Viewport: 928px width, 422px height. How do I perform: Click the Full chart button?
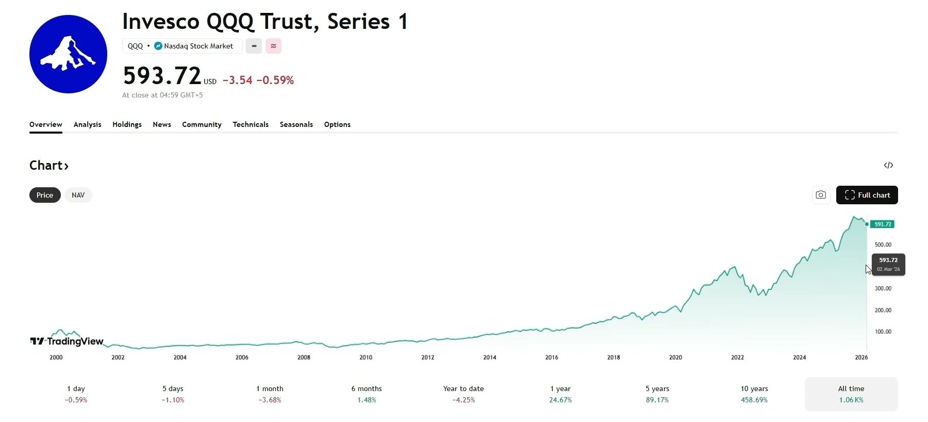tap(867, 195)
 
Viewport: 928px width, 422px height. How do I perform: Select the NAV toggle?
tap(78, 195)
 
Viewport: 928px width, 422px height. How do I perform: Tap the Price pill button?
tap(45, 195)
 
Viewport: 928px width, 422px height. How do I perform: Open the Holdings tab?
tap(127, 124)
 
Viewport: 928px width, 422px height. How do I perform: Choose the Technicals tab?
tap(251, 124)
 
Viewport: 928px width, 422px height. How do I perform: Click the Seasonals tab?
tap(296, 124)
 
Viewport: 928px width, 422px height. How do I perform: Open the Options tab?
tap(337, 124)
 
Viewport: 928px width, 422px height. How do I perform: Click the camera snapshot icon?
tap(821, 195)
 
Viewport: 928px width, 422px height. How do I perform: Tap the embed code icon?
tap(888, 165)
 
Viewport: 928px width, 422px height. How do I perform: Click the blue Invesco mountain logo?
tap(68, 54)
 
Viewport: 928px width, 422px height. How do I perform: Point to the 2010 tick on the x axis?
tap(366, 357)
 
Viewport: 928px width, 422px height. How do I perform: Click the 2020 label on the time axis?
tap(675, 357)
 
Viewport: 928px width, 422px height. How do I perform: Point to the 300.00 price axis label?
tap(883, 288)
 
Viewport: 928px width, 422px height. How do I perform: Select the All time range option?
tap(851, 394)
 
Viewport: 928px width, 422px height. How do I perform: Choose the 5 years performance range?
tap(657, 394)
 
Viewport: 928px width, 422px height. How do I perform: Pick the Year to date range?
tap(463, 394)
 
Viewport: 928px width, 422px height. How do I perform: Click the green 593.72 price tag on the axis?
tap(883, 224)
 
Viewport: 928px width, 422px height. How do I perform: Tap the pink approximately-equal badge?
tap(273, 46)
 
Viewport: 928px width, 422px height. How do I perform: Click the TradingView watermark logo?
tap(67, 341)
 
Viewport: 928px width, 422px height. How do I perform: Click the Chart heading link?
tap(49, 166)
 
